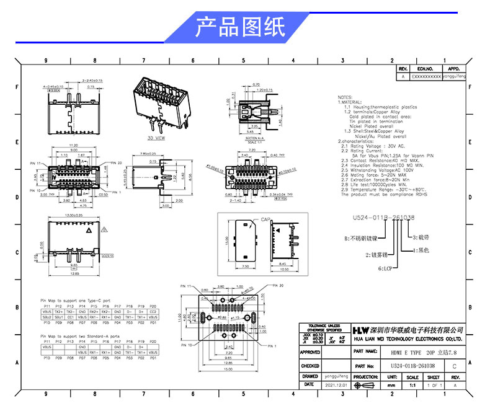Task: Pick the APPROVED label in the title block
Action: (310, 351)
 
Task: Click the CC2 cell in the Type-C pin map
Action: (153, 312)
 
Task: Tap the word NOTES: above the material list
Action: (345, 98)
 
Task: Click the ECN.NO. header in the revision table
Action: (425, 69)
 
